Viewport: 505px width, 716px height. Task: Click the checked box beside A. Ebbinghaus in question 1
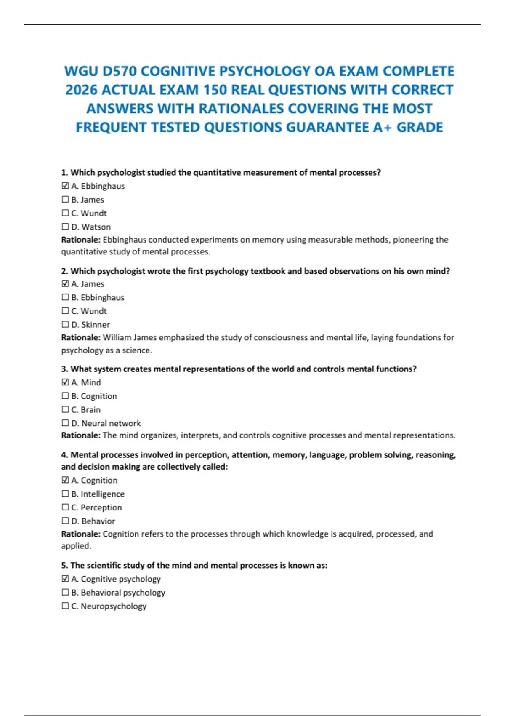(65, 186)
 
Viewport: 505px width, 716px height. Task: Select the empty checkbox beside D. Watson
(65, 227)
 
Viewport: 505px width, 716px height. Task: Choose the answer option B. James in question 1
(88, 200)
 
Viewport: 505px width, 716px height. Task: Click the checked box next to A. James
(65, 284)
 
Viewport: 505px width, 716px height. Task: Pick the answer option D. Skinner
(90, 325)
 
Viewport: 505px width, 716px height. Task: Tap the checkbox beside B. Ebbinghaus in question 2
(65, 297)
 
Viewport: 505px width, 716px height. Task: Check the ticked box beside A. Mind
(65, 382)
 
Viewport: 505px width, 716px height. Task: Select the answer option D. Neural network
(106, 423)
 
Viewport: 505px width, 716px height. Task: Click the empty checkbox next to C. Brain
(65, 409)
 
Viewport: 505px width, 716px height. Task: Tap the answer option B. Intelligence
(98, 494)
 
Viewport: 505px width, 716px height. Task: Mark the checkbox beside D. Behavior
(65, 521)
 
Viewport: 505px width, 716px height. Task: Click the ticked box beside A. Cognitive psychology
(65, 579)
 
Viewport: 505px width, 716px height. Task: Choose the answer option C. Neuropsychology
(109, 606)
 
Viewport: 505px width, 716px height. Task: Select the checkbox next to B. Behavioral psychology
(65, 592)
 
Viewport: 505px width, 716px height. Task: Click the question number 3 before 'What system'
(64, 369)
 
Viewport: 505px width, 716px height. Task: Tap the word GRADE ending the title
(420, 127)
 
